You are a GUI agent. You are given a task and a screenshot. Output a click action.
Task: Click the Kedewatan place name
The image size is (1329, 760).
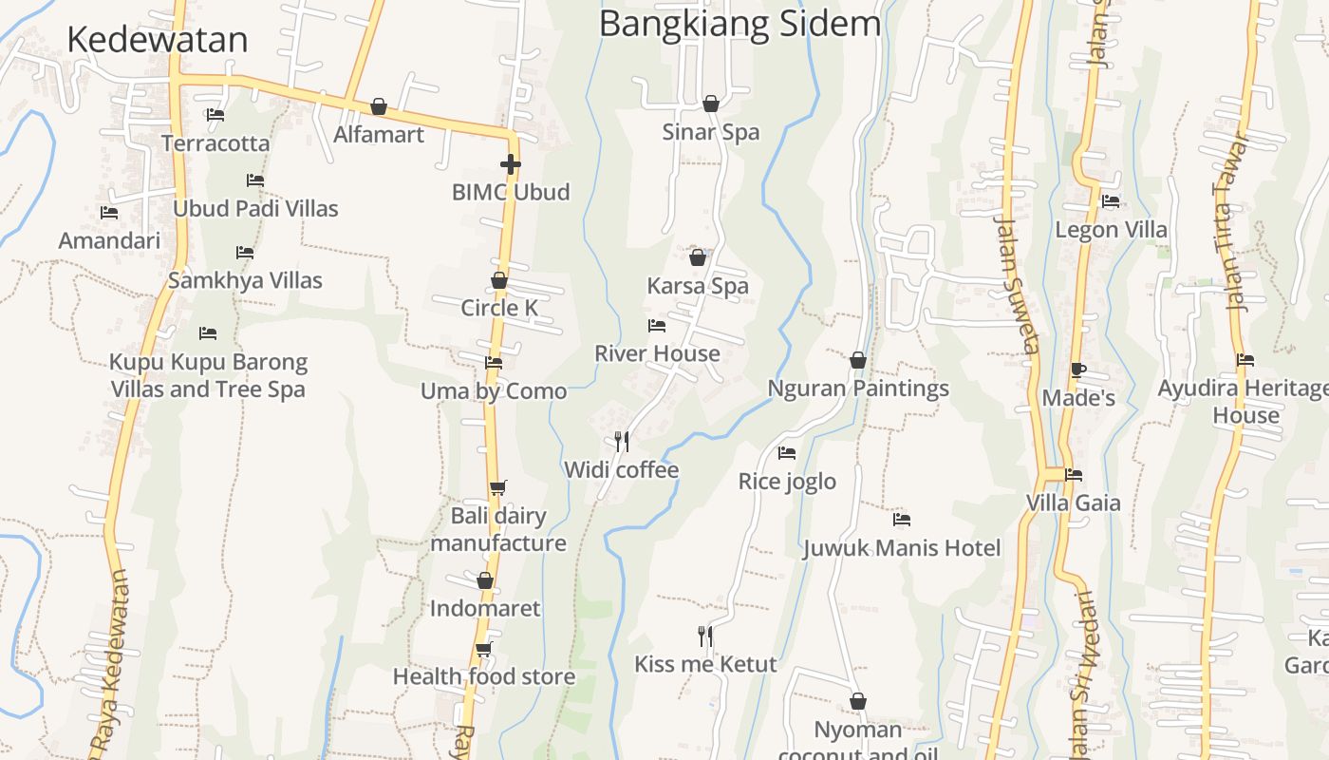coord(158,40)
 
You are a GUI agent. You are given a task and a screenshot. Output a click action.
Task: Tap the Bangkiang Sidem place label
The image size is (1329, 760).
coord(739,24)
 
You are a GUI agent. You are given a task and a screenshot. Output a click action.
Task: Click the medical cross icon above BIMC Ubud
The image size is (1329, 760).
coord(511,164)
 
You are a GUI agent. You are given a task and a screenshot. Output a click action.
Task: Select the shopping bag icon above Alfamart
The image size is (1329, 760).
coord(379,105)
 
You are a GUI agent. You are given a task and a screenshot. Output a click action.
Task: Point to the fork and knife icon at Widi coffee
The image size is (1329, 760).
coord(622,441)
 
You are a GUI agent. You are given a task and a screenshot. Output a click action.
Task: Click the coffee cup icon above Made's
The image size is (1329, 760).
coord(1077,370)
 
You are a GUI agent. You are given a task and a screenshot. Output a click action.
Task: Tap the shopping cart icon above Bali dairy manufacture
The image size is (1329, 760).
coord(497,487)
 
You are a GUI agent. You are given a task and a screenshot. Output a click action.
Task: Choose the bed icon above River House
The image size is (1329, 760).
coord(657,326)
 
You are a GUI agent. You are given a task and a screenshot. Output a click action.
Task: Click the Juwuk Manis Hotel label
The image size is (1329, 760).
coord(902,548)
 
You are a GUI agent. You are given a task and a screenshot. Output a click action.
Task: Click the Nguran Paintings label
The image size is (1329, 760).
coord(858,389)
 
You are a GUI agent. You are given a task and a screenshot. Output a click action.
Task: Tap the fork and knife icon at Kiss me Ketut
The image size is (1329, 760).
coord(705,636)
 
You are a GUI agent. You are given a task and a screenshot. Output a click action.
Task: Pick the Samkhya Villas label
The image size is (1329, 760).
coord(245,280)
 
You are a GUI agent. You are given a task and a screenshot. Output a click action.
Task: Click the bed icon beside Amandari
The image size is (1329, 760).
coord(109,213)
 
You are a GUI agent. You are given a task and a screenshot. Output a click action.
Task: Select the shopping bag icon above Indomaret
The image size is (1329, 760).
coord(485,580)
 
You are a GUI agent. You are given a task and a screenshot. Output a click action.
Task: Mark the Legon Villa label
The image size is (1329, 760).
coord(1111,230)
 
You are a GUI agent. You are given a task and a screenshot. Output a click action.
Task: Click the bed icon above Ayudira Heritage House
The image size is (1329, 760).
coord(1245,360)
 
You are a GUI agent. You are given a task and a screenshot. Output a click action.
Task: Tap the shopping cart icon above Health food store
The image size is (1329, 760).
coord(484,649)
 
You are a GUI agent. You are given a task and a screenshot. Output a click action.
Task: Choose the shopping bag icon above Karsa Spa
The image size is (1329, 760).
coord(698,257)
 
